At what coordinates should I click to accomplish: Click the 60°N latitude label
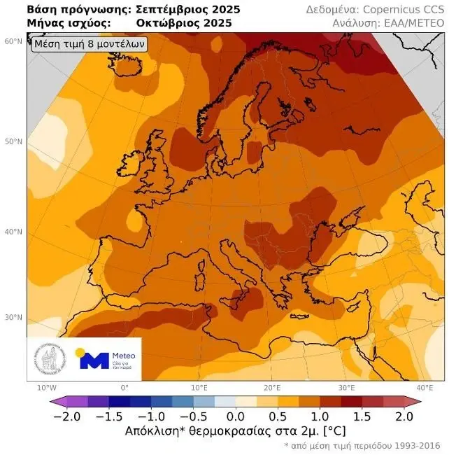click(13, 41)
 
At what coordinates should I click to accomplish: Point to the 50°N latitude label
click(13, 142)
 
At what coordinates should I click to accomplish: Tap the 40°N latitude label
click(13, 232)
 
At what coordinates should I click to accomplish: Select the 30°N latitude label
click(13, 317)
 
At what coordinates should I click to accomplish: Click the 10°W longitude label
click(46, 388)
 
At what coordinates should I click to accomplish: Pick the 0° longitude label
click(124, 388)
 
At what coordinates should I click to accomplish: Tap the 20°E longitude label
click(272, 388)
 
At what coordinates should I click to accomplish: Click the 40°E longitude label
click(424, 388)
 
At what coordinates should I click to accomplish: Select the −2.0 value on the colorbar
click(69, 415)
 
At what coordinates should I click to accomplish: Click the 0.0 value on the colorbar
click(236, 415)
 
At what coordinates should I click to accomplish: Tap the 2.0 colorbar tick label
click(404, 415)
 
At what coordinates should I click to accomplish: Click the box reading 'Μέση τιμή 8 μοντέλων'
click(89, 44)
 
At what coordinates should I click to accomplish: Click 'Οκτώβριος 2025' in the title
click(184, 23)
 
